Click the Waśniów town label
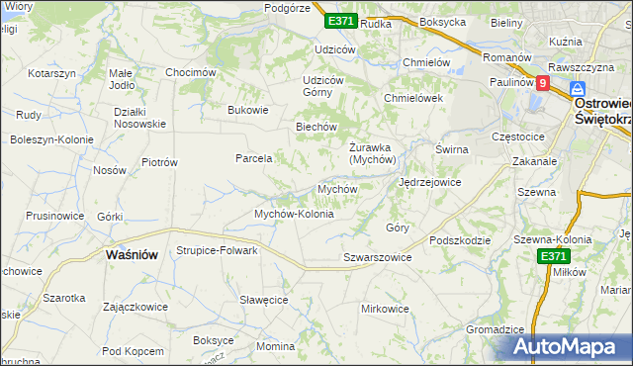132,254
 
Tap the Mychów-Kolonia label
294,214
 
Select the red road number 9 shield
543,84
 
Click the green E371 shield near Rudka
340,21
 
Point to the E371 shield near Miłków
554,256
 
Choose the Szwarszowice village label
377,257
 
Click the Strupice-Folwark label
217,250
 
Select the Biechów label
317,127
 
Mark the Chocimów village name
191,72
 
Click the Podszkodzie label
461,240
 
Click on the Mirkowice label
385,309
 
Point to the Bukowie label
248,110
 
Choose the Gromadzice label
494,329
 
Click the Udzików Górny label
322,86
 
